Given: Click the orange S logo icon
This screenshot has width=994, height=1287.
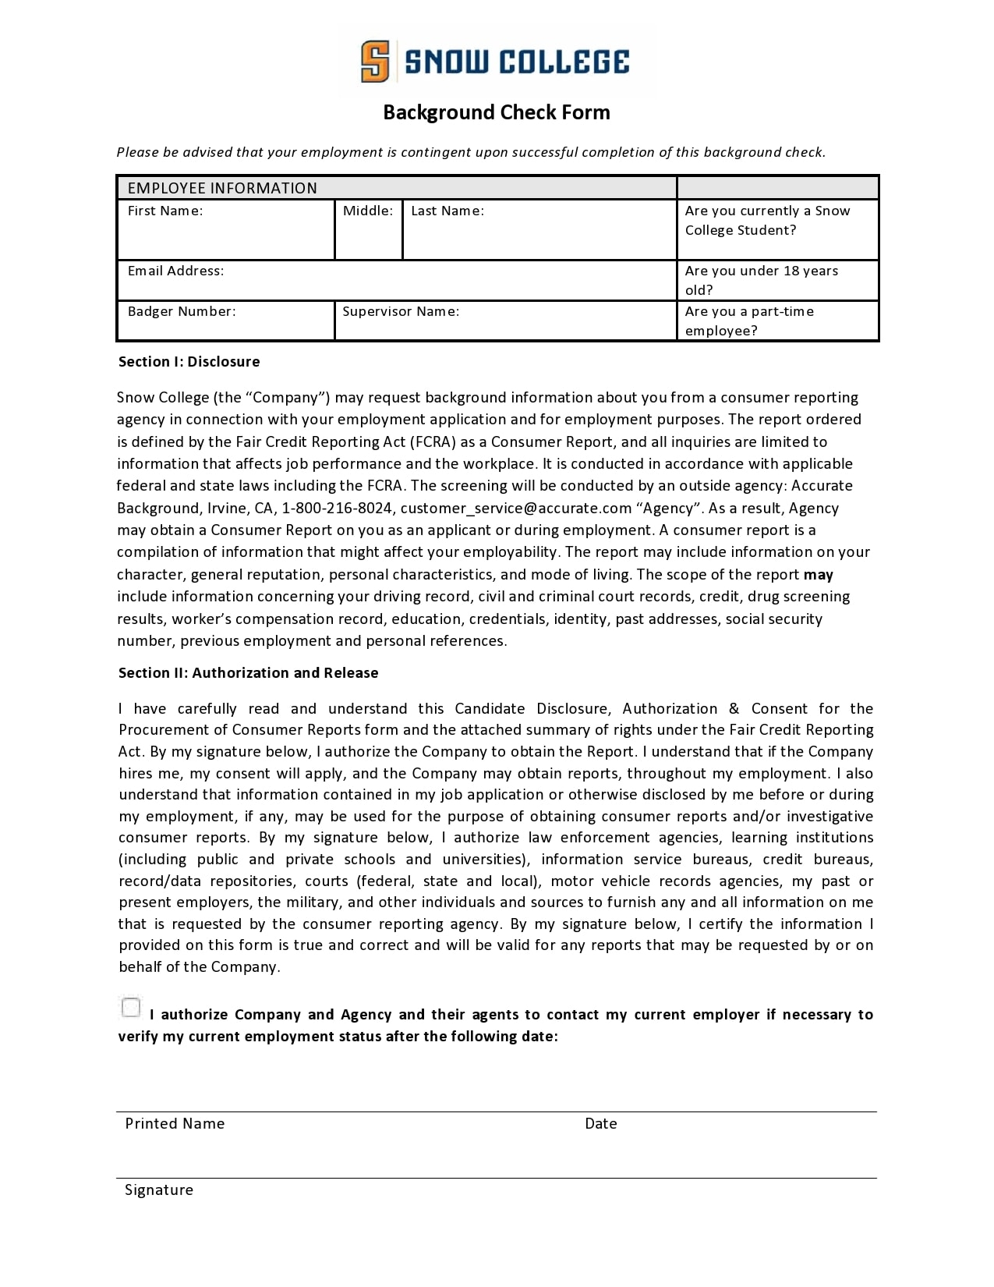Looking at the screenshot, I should [375, 62].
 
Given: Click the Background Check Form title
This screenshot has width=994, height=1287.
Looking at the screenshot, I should [496, 112].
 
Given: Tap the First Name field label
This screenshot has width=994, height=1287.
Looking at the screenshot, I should [165, 211].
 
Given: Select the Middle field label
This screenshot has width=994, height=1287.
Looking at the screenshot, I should [368, 211].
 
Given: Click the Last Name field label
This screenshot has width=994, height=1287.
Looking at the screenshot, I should [447, 211].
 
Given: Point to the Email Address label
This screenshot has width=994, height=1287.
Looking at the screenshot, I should [175, 271].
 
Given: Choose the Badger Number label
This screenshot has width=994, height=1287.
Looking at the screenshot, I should [182, 311].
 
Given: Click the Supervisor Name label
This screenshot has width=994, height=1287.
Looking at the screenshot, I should [401, 311].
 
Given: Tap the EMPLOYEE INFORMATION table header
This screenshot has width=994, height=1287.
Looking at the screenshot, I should [222, 188].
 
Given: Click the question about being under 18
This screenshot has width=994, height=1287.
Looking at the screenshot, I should [761, 280].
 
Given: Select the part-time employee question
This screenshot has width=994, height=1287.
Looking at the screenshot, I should [748, 321].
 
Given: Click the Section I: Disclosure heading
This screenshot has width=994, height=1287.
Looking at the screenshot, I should [189, 362].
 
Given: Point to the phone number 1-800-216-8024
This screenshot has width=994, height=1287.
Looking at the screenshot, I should [337, 509].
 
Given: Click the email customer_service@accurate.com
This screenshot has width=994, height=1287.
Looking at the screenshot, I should [515, 509].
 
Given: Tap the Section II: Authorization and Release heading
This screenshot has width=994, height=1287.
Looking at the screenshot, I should [248, 673].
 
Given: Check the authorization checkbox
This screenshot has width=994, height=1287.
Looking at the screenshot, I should [131, 1008].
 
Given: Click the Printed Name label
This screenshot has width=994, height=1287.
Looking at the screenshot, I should [175, 1124].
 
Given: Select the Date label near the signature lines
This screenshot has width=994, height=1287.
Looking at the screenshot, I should [600, 1124].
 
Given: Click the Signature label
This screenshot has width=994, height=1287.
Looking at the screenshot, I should [159, 1190].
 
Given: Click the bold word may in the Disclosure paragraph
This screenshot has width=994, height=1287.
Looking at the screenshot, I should [819, 575].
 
